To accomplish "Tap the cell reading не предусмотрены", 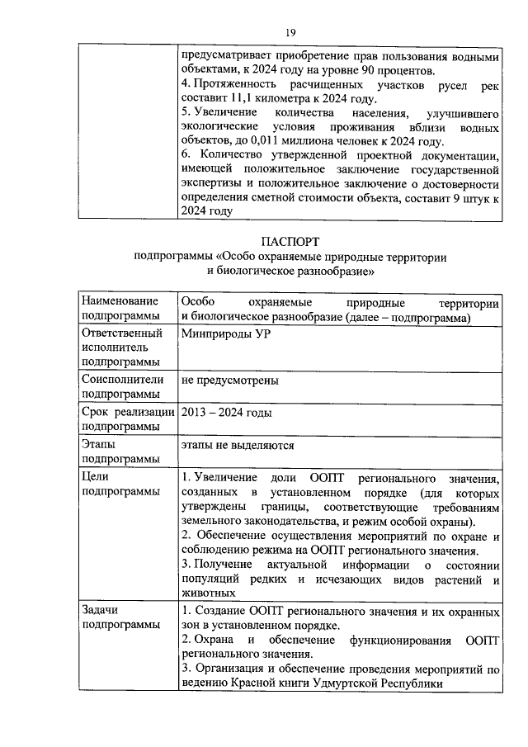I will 229,381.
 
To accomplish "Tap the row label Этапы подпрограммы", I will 115,452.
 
